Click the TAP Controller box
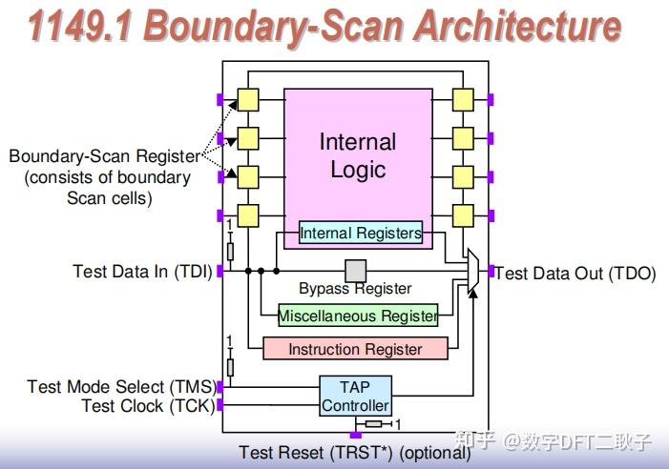[x=355, y=396]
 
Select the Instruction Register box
[x=355, y=349]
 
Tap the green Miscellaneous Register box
[x=357, y=316]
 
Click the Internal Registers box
[x=360, y=233]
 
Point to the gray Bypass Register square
[x=356, y=271]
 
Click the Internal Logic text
[x=358, y=155]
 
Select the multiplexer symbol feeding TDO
[x=472, y=272]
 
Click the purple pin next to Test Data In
[x=220, y=272]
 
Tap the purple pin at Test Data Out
[x=491, y=272]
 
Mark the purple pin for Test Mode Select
[x=220, y=387]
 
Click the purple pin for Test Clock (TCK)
[x=220, y=405]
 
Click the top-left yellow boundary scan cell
[x=248, y=99]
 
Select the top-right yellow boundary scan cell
[x=463, y=99]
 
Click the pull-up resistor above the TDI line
[x=229, y=250]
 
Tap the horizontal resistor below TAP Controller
[x=374, y=423]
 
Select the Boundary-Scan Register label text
[x=105, y=156]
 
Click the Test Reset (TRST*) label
[x=355, y=453]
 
